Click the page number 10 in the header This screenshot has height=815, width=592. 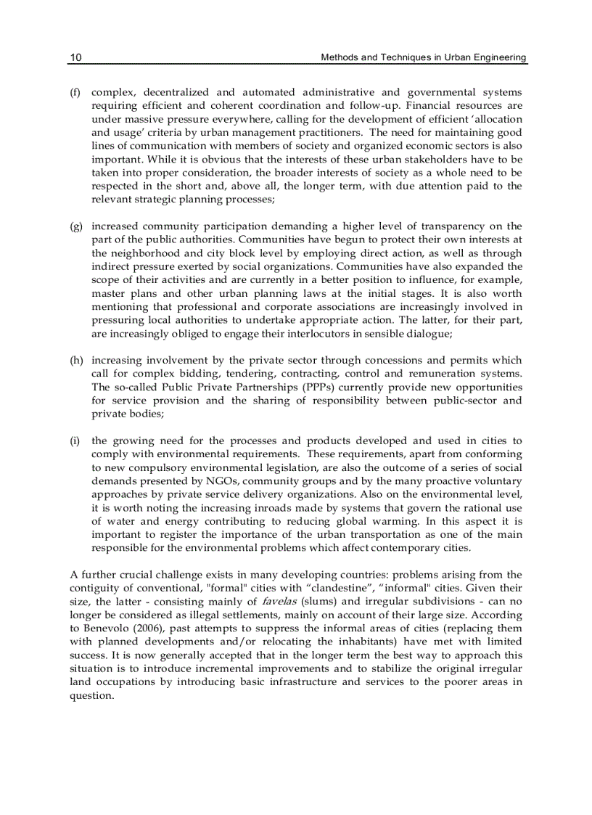point(75,57)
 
